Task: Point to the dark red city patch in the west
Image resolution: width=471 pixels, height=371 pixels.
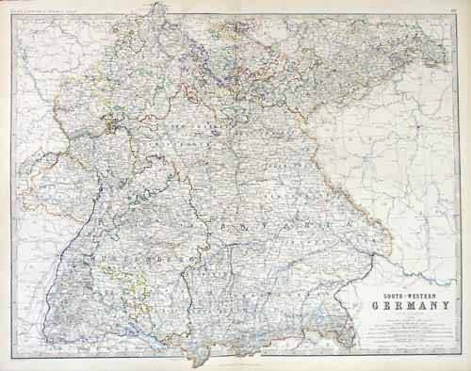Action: pyautogui.click(x=118, y=122)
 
